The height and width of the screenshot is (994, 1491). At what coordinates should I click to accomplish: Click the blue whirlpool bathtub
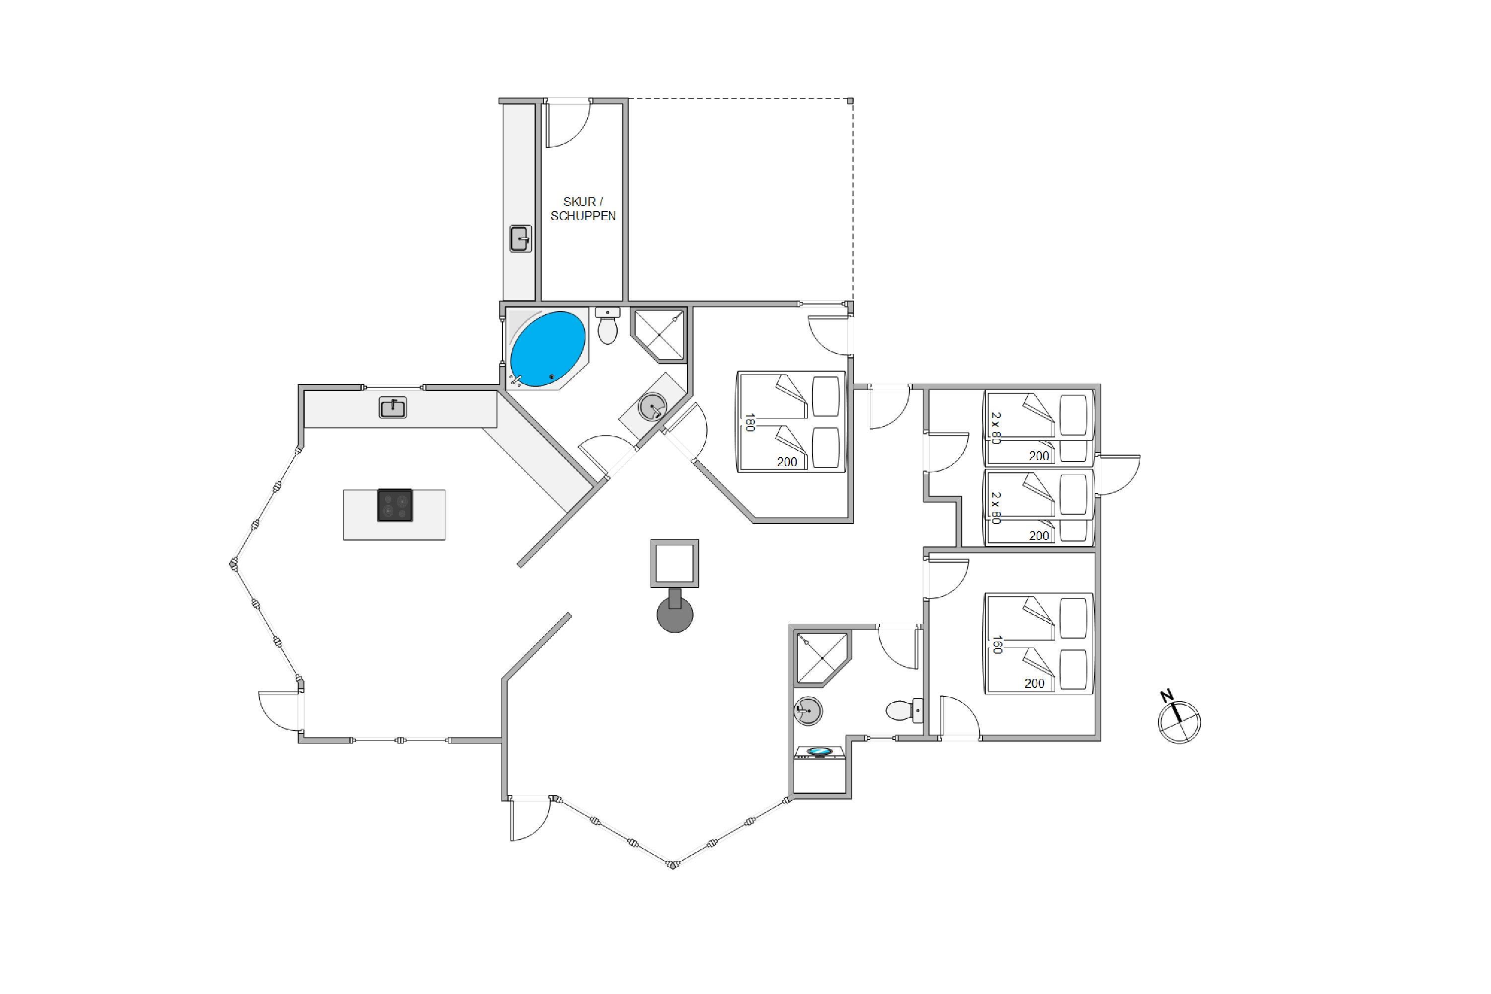(548, 349)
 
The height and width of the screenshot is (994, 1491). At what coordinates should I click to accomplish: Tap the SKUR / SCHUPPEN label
(582, 209)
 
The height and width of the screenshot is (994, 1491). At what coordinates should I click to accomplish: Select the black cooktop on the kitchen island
(394, 505)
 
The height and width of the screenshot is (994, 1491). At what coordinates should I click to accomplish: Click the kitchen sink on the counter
(393, 408)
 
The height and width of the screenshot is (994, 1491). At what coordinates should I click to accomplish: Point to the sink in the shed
(520, 239)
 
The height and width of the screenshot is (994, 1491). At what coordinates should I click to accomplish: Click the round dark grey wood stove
(674, 612)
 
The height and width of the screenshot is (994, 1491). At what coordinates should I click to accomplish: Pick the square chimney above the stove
(674, 563)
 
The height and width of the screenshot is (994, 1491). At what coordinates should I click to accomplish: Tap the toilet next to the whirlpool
(607, 326)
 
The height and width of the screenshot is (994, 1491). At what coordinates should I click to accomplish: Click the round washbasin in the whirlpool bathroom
(652, 407)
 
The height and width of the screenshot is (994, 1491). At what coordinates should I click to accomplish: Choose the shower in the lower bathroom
(822, 659)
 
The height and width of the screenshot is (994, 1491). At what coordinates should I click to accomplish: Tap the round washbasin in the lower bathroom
(808, 711)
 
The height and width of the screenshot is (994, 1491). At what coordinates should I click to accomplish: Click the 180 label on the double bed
(750, 422)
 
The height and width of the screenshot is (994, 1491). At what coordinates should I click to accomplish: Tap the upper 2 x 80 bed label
(996, 428)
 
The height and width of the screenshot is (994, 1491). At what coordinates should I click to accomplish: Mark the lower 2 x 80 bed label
(996, 508)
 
